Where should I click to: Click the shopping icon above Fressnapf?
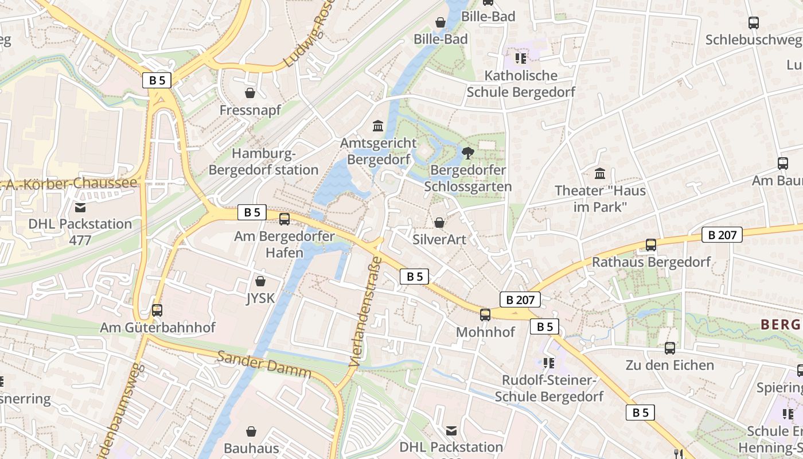(x=250, y=92)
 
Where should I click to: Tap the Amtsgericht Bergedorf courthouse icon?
(x=378, y=126)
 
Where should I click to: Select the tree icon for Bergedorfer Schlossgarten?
(x=468, y=153)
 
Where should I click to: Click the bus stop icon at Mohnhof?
(x=485, y=314)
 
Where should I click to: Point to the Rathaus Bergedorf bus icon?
(x=651, y=245)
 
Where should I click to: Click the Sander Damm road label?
(x=264, y=364)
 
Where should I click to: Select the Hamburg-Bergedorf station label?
(x=263, y=162)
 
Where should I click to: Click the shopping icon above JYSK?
(x=260, y=281)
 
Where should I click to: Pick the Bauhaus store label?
(x=251, y=448)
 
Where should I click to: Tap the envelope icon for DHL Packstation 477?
(x=80, y=207)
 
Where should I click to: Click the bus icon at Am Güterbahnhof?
(x=157, y=310)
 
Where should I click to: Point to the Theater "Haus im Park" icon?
(x=600, y=173)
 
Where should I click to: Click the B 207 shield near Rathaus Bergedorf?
(x=722, y=234)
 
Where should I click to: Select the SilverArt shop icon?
(x=439, y=223)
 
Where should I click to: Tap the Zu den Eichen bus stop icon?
(x=670, y=348)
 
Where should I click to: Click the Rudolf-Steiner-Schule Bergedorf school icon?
(x=549, y=363)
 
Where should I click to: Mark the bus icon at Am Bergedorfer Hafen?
(x=284, y=219)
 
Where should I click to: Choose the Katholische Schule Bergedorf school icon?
(x=521, y=59)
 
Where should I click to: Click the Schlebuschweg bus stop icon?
(x=754, y=23)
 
